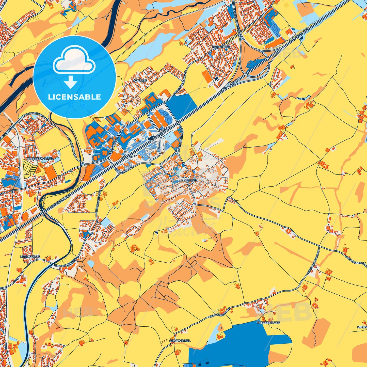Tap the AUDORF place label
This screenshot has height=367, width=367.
click(x=140, y=81)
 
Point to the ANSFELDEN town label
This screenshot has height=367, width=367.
click(x=188, y=180)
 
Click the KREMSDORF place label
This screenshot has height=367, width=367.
click(x=30, y=257)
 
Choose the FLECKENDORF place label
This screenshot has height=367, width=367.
click(x=269, y=323)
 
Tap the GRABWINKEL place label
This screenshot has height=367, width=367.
click(x=180, y=341)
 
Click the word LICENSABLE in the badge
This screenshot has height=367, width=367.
click(x=74, y=97)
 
